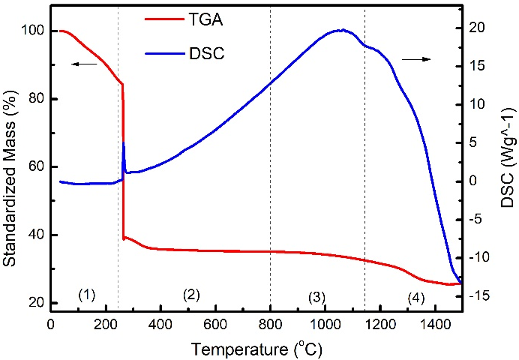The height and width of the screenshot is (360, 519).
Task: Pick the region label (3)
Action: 316,297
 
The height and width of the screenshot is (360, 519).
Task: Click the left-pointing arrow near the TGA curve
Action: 85,64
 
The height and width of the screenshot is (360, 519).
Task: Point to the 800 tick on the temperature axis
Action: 270,325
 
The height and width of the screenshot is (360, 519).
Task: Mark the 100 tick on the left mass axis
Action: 33,31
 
